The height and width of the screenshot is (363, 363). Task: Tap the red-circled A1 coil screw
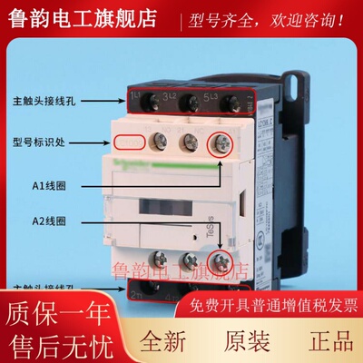[221, 142]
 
